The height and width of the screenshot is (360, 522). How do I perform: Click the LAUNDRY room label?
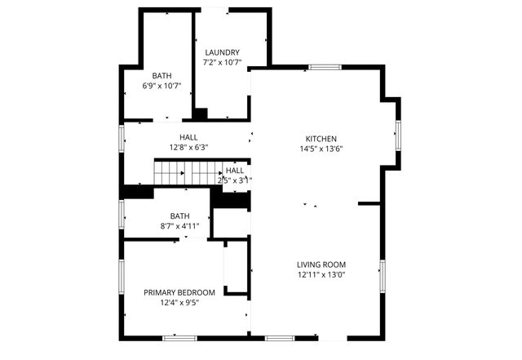click(222, 52)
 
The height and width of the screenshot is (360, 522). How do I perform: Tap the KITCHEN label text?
click(321, 139)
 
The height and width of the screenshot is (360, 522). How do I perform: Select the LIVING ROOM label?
click(321, 264)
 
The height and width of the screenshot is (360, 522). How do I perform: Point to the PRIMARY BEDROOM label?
click(179, 292)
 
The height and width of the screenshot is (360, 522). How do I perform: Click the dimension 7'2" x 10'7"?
click(222, 62)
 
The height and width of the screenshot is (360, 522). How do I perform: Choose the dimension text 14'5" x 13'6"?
click(321, 149)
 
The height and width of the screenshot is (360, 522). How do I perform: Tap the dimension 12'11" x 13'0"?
click(321, 275)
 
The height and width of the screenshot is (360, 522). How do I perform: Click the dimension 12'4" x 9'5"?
click(179, 302)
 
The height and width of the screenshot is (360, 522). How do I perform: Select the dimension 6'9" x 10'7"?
click(161, 86)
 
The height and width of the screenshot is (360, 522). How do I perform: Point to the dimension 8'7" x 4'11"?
click(179, 226)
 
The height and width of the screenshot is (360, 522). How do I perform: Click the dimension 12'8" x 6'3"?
click(189, 148)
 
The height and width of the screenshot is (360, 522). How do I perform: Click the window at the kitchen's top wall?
click(324, 67)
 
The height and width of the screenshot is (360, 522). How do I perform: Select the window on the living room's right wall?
click(382, 276)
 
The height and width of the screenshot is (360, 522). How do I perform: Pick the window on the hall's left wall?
click(122, 137)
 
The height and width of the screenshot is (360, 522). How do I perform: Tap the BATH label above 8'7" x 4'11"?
click(179, 216)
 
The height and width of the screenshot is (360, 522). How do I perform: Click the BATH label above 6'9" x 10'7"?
click(161, 76)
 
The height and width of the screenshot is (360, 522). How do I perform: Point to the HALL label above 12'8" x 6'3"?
click(189, 138)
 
